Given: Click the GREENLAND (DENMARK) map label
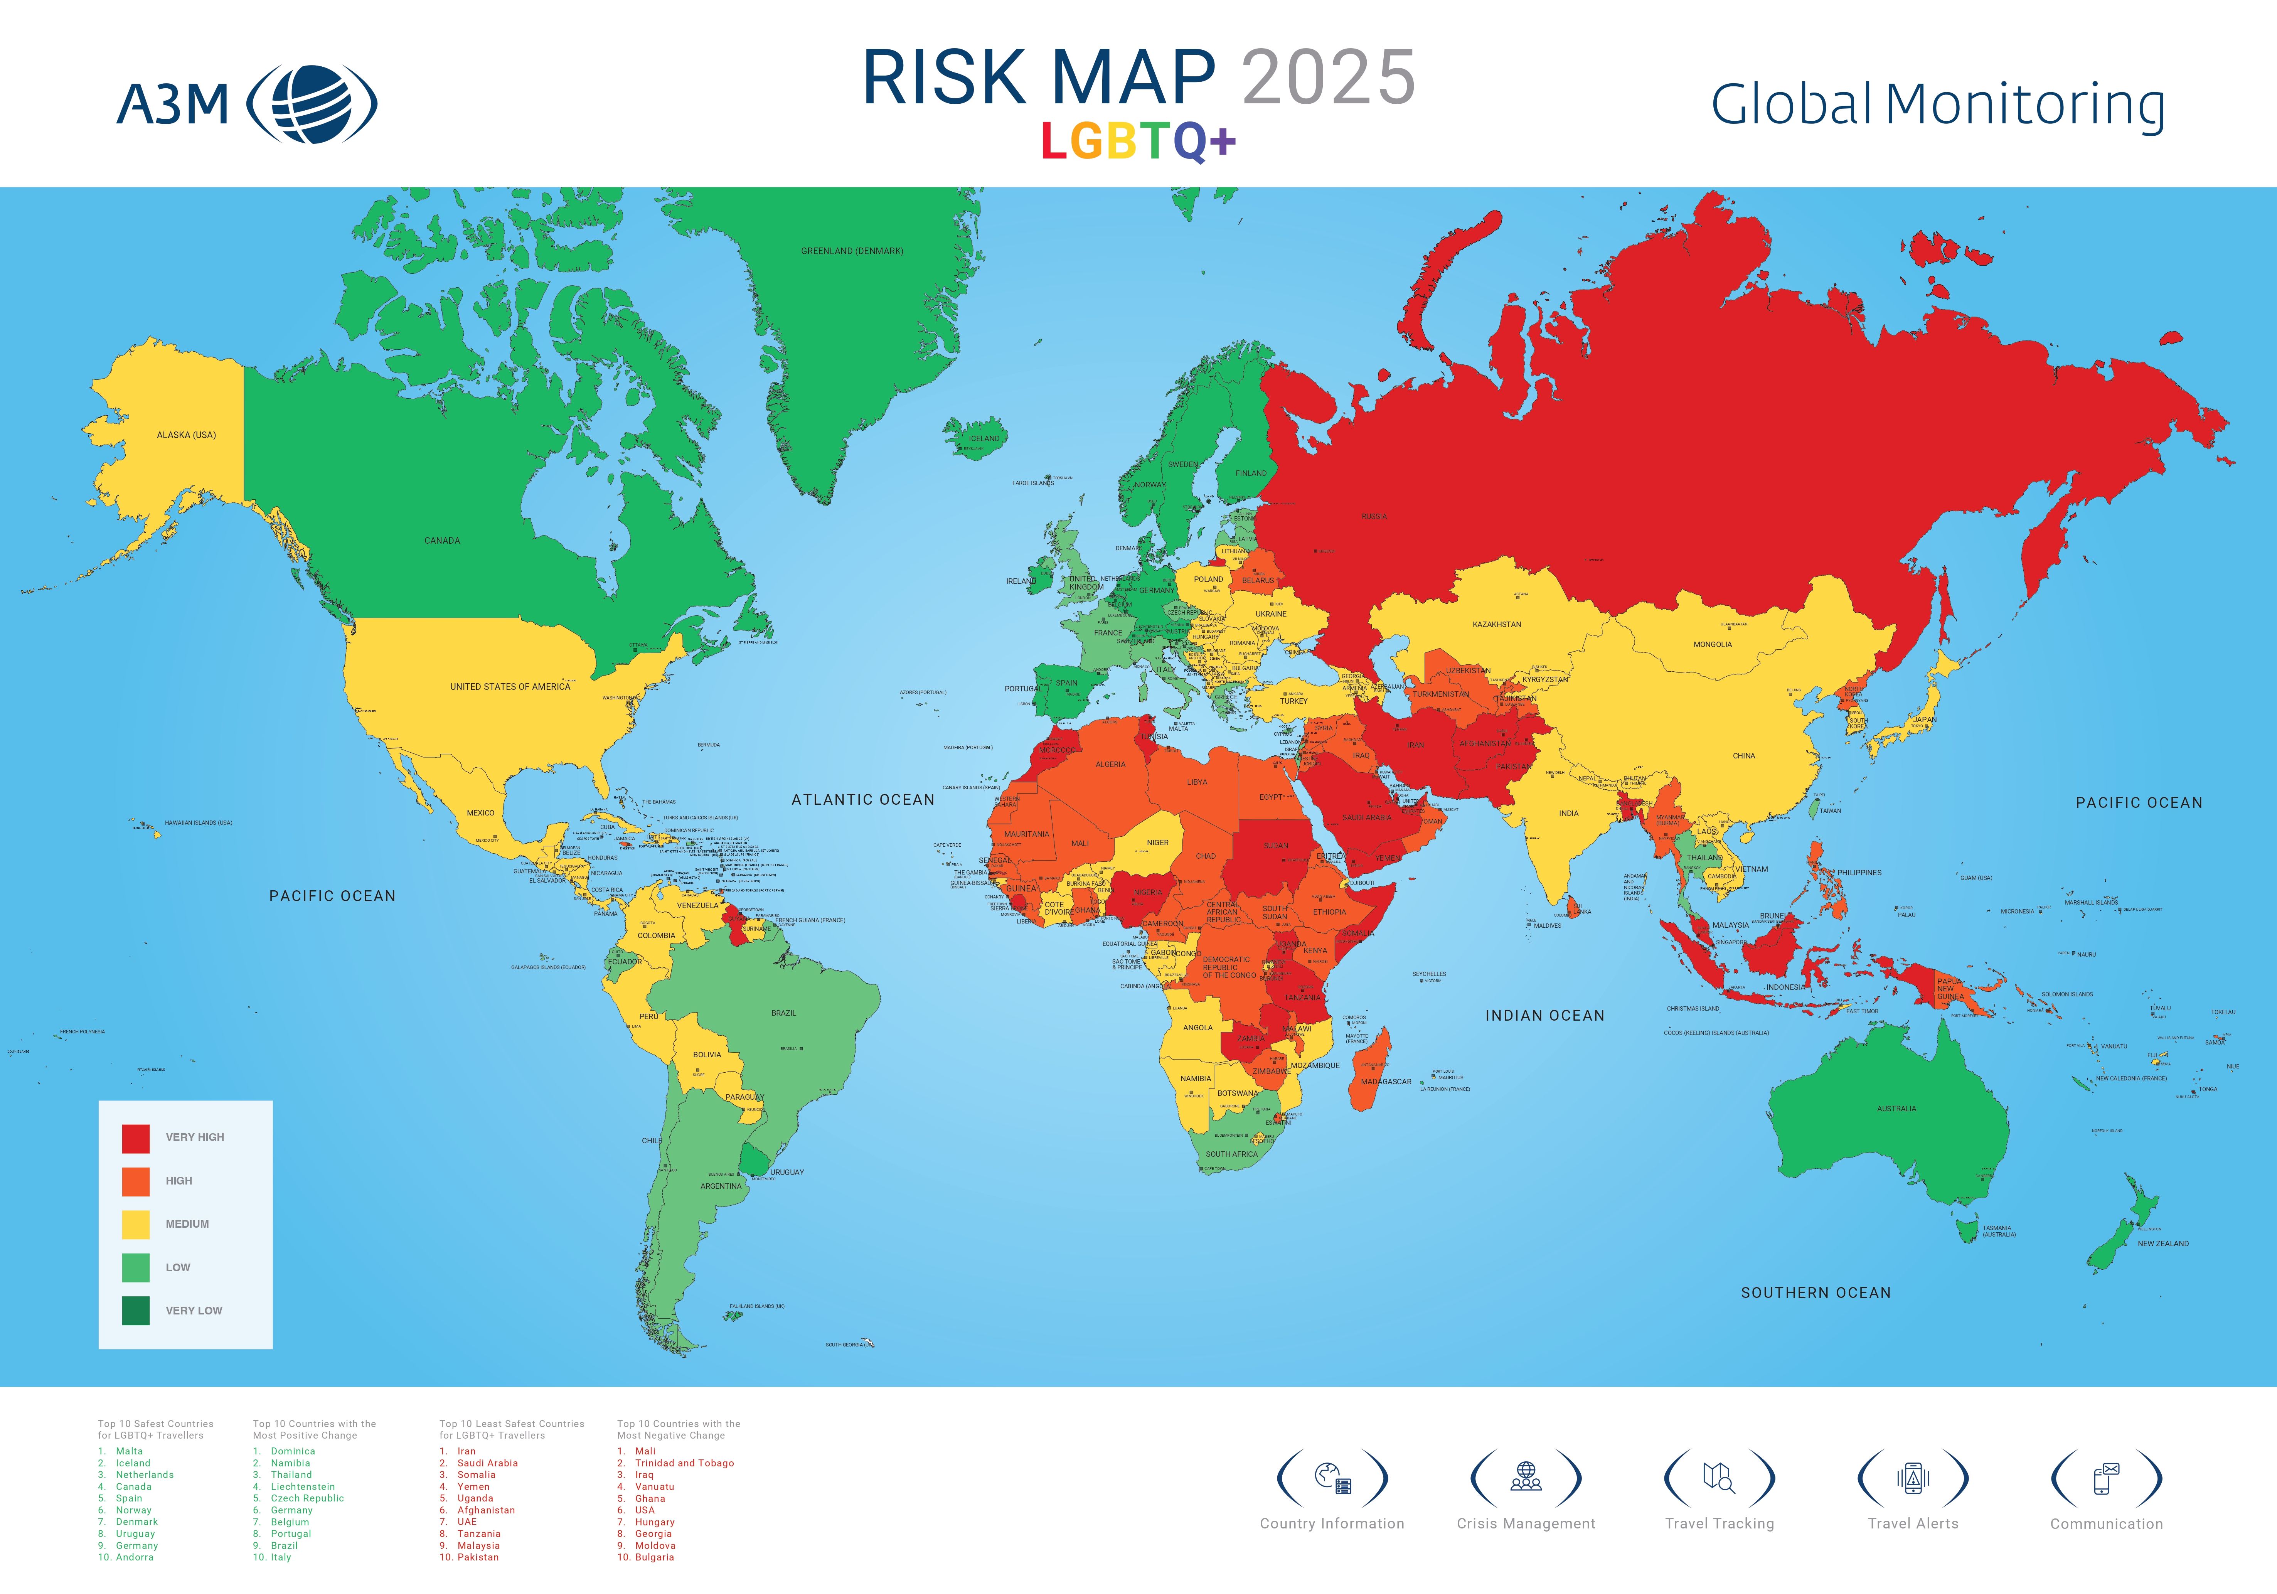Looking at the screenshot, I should click(x=852, y=251).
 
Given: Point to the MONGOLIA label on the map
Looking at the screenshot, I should click(x=1713, y=645).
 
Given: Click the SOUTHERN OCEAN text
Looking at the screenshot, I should click(x=1816, y=1292).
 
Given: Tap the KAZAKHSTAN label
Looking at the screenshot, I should click(x=1497, y=625).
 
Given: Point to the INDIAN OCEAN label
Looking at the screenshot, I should click(x=1544, y=1016).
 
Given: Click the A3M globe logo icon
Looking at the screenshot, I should click(x=312, y=103).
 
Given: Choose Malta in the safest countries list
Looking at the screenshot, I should click(x=129, y=1451).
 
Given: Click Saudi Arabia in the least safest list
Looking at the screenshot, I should click(x=487, y=1463).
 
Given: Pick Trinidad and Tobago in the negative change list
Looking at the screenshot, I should click(x=684, y=1463).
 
